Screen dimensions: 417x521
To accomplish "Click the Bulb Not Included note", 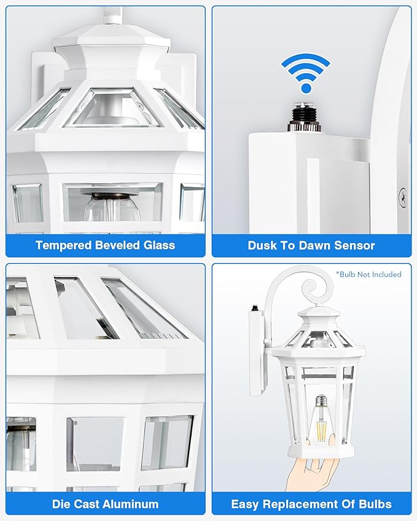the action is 368,274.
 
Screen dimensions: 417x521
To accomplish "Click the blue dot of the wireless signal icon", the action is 306,88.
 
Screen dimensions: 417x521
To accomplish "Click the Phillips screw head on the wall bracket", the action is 402,198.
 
